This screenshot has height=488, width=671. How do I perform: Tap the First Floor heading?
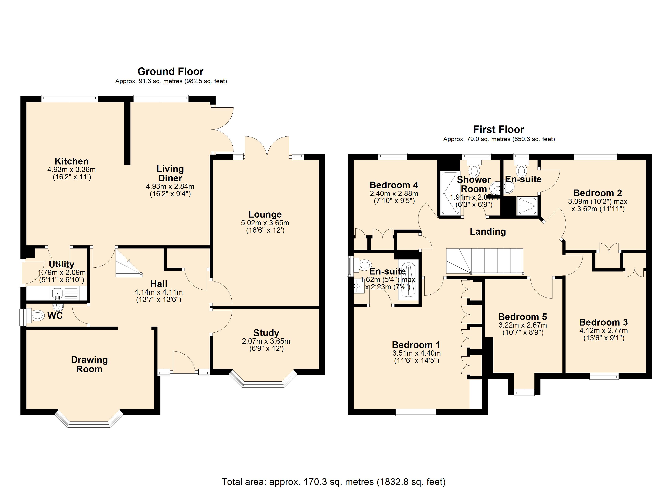pyautogui.click(x=499, y=130)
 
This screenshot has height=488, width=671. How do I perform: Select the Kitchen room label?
pyautogui.click(x=72, y=161)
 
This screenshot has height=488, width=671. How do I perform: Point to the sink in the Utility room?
pyautogui.click(x=57, y=294)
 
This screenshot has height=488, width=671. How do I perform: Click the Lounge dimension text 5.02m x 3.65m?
pyautogui.click(x=265, y=223)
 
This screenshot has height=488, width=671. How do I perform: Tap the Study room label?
pyautogui.click(x=266, y=333)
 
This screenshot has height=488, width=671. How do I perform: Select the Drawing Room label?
pyautogui.click(x=89, y=364)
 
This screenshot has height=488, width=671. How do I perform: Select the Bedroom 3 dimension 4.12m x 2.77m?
pyautogui.click(x=603, y=331)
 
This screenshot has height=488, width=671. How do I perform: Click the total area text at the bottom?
pyautogui.click(x=333, y=481)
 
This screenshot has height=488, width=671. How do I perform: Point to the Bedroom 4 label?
pyautogui.click(x=394, y=185)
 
